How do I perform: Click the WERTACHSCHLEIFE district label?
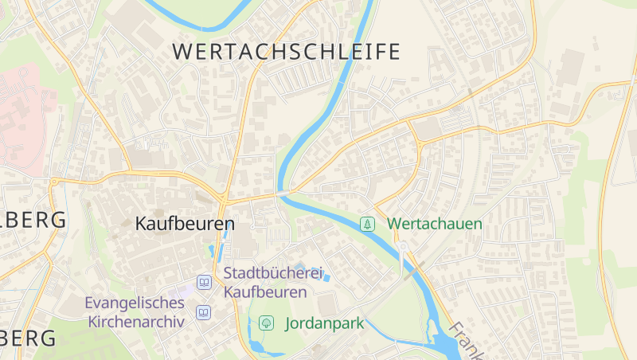pyautogui.click(x=287, y=53)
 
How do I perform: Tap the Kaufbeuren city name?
pyautogui.click(x=185, y=224)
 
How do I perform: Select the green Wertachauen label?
pyautogui.click(x=435, y=224)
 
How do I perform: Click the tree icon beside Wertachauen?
pyautogui.click(x=367, y=224)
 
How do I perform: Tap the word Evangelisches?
pyautogui.click(x=135, y=303)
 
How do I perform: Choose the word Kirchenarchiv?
pyautogui.click(x=136, y=322)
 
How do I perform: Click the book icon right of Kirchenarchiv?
pyautogui.click(x=204, y=312)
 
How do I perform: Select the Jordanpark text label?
pyautogui.click(x=324, y=323)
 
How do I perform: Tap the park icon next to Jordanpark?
pyautogui.click(x=266, y=323)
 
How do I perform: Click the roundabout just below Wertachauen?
pyautogui.click(x=404, y=246)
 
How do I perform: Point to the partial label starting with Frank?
pyautogui.click(x=467, y=339)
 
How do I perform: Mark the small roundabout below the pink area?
pyautogui.click(x=54, y=182)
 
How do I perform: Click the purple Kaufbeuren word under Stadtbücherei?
pyautogui.click(x=265, y=292)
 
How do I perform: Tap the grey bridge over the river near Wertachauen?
pyautogui.click(x=283, y=193)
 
